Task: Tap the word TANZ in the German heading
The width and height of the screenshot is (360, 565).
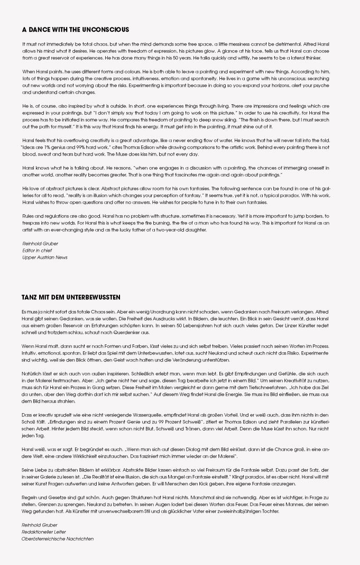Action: (x=30, y=297)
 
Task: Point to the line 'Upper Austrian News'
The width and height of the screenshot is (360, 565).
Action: (x=44, y=257)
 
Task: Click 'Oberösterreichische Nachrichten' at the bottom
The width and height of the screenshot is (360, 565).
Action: (x=57, y=539)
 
